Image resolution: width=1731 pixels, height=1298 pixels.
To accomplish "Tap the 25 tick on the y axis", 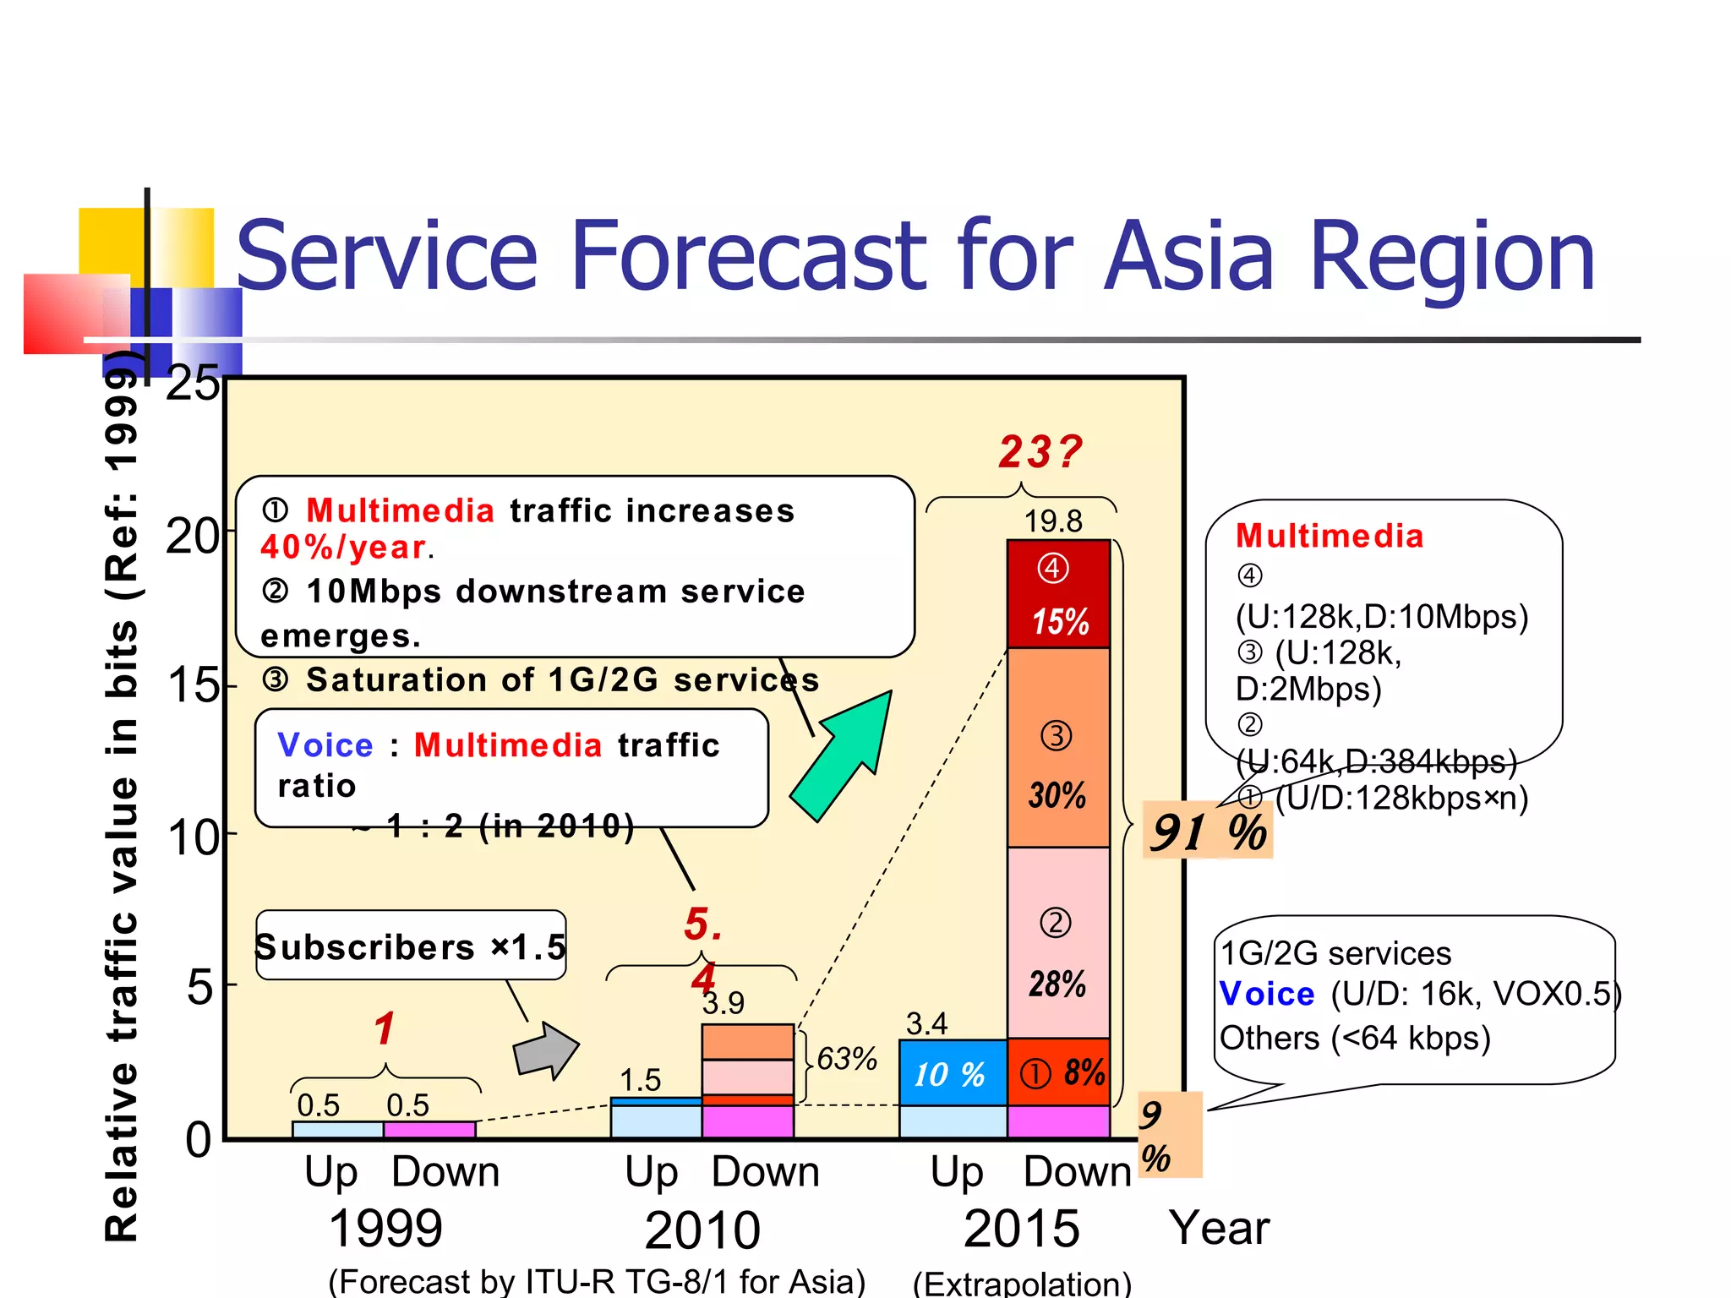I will pyautogui.click(x=193, y=384).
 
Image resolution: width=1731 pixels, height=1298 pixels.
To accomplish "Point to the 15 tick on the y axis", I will pyautogui.click(x=193, y=685).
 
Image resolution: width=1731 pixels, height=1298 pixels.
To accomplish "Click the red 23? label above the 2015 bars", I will pyautogui.click(x=1040, y=452).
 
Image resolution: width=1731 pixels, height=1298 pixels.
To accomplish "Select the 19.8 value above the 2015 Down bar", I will pyautogui.click(x=1053, y=521).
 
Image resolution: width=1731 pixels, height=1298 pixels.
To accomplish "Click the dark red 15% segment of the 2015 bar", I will pyautogui.click(x=1058, y=594).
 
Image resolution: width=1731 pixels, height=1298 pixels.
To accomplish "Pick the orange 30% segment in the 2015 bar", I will pyautogui.click(x=1058, y=748).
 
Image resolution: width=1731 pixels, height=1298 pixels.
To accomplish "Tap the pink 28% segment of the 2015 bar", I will pyautogui.click(x=1058, y=942).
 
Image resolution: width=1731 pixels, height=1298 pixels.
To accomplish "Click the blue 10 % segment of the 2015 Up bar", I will pyautogui.click(x=952, y=1073).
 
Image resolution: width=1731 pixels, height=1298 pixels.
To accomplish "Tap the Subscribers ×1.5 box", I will pyautogui.click(x=411, y=946).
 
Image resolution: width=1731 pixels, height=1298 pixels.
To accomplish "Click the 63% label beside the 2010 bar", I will pyautogui.click(x=846, y=1058).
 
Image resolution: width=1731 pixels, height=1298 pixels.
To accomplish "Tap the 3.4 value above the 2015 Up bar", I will pyautogui.click(x=926, y=1024).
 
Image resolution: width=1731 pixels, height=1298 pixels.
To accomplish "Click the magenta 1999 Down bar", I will pyautogui.click(x=429, y=1130).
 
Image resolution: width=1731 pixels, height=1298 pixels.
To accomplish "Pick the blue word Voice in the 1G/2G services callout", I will pyautogui.click(x=1266, y=995).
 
